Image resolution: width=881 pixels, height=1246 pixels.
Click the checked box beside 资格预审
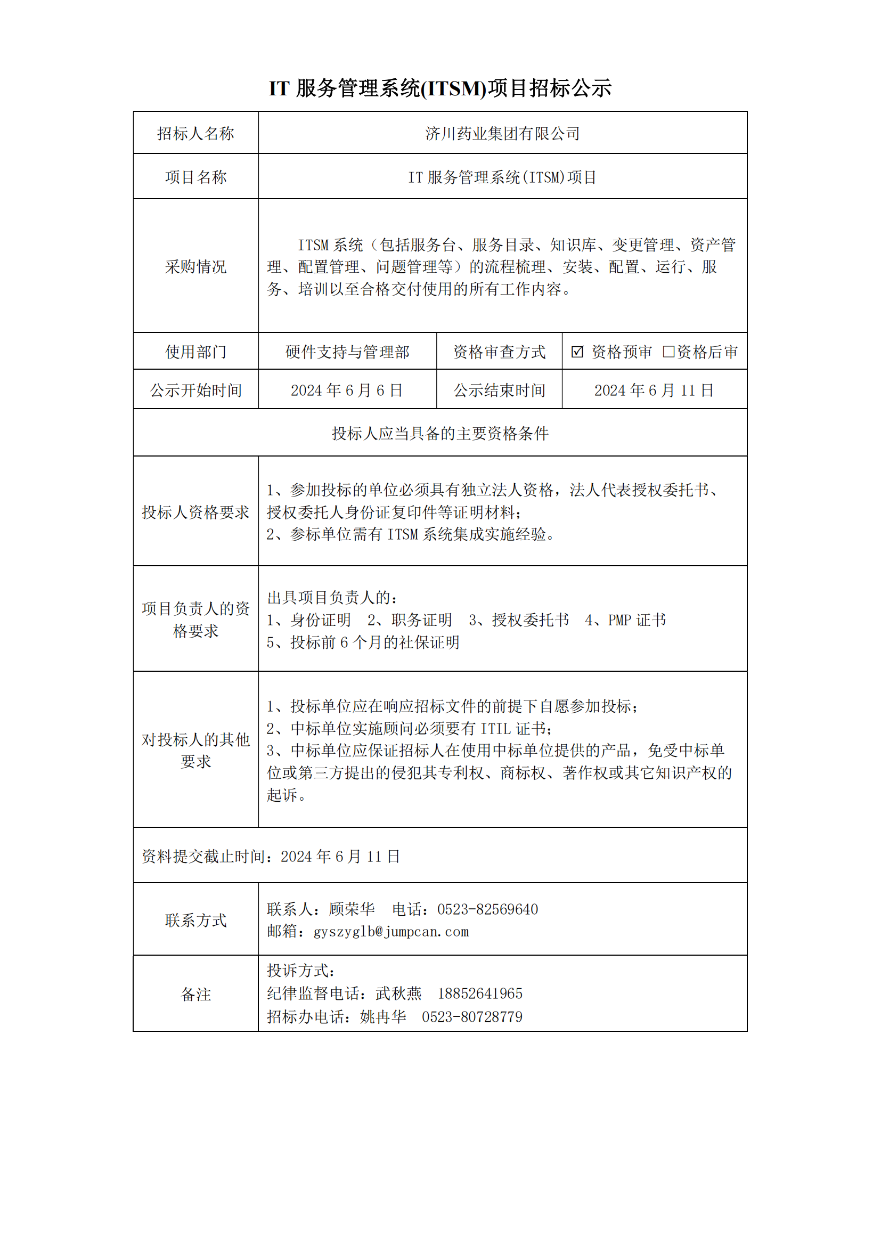[577, 352]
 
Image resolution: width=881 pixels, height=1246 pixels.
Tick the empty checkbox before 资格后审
[668, 352]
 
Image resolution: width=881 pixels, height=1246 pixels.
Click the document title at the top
[440, 88]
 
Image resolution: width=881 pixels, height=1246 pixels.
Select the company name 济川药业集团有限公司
[502, 134]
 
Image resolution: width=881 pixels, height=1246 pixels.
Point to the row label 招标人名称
[195, 134]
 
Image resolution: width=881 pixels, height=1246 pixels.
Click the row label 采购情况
[195, 266]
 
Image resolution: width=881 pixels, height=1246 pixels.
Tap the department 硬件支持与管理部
[347, 352]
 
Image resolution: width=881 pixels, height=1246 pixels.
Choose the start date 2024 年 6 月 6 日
[347, 390]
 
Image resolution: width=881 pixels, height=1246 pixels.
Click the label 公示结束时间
[499, 390]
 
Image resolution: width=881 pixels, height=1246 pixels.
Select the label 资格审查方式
[499, 352]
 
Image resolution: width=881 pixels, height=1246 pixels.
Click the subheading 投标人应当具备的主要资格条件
[440, 433]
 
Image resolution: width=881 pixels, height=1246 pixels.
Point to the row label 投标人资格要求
[195, 512]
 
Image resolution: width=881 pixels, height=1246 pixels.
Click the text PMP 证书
[637, 620]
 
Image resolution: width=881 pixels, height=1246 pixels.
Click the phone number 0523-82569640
[488, 909]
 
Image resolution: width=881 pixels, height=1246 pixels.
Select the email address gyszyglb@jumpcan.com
[390, 932]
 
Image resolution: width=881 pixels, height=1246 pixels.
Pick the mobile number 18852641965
[479, 993]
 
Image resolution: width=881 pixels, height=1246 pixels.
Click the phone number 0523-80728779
[472, 1017]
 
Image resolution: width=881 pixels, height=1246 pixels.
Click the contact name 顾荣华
[352, 909]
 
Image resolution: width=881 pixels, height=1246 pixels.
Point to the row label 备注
[195, 994]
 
